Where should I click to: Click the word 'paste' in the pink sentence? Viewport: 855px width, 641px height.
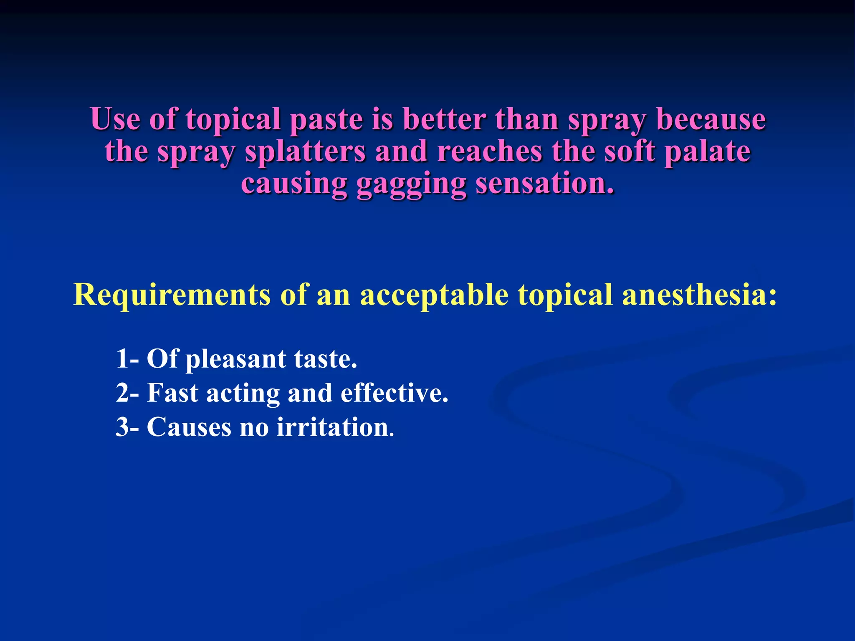coord(326,120)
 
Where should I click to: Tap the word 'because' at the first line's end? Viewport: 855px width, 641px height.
coord(711,119)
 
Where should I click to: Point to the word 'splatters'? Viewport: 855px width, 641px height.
coord(305,152)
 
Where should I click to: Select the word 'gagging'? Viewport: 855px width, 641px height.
coord(411,184)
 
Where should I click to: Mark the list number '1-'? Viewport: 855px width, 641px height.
coord(127,359)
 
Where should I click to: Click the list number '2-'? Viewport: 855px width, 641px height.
coord(127,393)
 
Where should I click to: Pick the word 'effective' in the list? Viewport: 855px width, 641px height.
coord(394,393)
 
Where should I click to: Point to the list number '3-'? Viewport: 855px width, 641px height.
coord(127,427)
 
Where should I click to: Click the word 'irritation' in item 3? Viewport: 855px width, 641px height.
coord(335,427)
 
